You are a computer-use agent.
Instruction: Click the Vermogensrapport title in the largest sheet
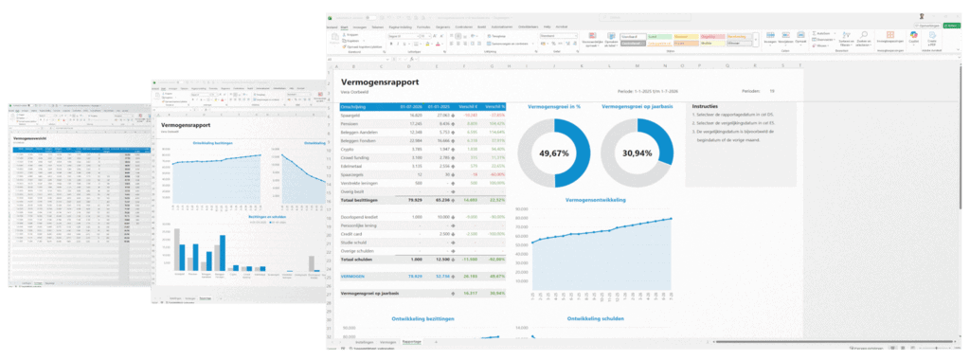click(x=381, y=82)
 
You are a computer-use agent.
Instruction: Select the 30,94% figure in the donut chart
click(x=636, y=153)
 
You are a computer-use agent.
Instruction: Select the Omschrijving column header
click(x=355, y=107)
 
